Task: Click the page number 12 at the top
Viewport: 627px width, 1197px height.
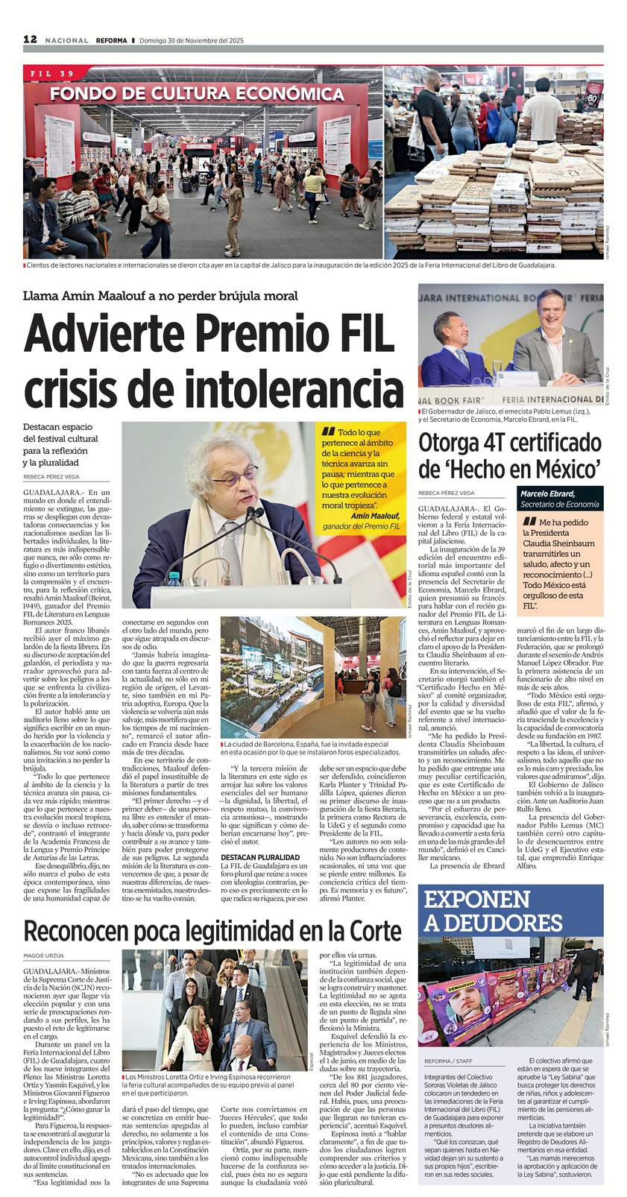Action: (x=31, y=40)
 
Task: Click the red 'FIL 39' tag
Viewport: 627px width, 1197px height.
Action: (x=54, y=74)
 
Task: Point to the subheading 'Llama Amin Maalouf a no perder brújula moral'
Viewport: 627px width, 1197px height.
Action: (x=161, y=296)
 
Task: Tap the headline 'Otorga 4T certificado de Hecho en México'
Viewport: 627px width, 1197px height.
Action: (x=510, y=455)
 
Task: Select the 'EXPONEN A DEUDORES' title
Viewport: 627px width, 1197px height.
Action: (x=493, y=912)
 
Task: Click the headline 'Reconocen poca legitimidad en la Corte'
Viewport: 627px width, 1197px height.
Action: (x=213, y=931)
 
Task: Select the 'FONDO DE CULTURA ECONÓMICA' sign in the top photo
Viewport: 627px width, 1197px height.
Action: (x=197, y=94)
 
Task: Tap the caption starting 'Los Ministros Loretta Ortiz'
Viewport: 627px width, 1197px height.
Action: (x=212, y=1087)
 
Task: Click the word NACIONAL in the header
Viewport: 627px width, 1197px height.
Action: (x=66, y=40)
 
